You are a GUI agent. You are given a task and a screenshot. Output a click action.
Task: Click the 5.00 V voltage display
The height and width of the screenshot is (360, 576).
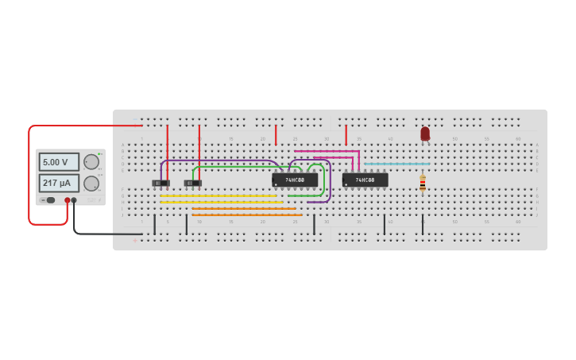[x=59, y=162]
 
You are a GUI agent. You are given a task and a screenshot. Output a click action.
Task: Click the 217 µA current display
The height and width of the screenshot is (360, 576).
[x=59, y=184]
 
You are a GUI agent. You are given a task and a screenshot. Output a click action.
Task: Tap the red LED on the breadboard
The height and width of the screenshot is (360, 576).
[x=425, y=134]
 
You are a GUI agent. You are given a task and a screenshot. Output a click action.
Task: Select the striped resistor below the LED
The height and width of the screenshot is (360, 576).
[x=423, y=184]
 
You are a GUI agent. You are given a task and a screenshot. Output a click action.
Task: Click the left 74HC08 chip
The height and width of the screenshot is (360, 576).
[x=295, y=180]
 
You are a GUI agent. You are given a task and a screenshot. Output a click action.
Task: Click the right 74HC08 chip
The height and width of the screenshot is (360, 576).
[x=365, y=180]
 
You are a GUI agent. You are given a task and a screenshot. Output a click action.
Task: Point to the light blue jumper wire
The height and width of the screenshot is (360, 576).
[x=397, y=164]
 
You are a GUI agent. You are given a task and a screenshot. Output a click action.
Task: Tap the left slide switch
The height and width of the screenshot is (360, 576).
[x=161, y=184]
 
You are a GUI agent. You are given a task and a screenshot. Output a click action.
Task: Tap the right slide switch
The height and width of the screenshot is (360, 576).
[x=193, y=184]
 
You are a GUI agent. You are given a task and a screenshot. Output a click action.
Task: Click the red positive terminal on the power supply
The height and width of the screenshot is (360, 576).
[x=68, y=200]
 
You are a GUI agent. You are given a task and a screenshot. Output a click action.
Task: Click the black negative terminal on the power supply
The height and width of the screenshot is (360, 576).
[x=74, y=200]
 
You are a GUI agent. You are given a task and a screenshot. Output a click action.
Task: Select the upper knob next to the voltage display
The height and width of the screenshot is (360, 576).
[x=91, y=162]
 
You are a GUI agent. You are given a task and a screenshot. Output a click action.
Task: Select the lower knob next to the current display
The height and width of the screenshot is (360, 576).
[x=91, y=184]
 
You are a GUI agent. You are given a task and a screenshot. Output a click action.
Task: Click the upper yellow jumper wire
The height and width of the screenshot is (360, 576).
[x=218, y=195]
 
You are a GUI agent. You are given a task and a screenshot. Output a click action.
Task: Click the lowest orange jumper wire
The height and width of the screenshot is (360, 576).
[x=246, y=215]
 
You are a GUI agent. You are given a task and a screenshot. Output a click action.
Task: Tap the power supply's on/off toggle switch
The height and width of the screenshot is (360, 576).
[x=50, y=200]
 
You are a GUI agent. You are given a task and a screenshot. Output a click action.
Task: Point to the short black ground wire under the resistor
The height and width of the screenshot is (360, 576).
[x=423, y=223]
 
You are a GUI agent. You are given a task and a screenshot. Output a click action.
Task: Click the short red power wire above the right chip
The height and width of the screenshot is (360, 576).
[x=346, y=135]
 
